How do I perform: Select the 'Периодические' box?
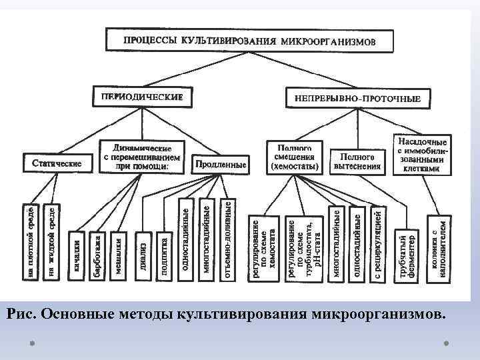141,97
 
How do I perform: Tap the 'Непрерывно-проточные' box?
357,99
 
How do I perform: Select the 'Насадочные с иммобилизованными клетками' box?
422,155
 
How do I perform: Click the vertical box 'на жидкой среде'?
51,240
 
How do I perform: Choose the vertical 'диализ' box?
143,254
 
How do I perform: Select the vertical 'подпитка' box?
163,254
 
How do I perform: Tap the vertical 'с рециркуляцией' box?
377,243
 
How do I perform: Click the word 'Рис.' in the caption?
23,313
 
